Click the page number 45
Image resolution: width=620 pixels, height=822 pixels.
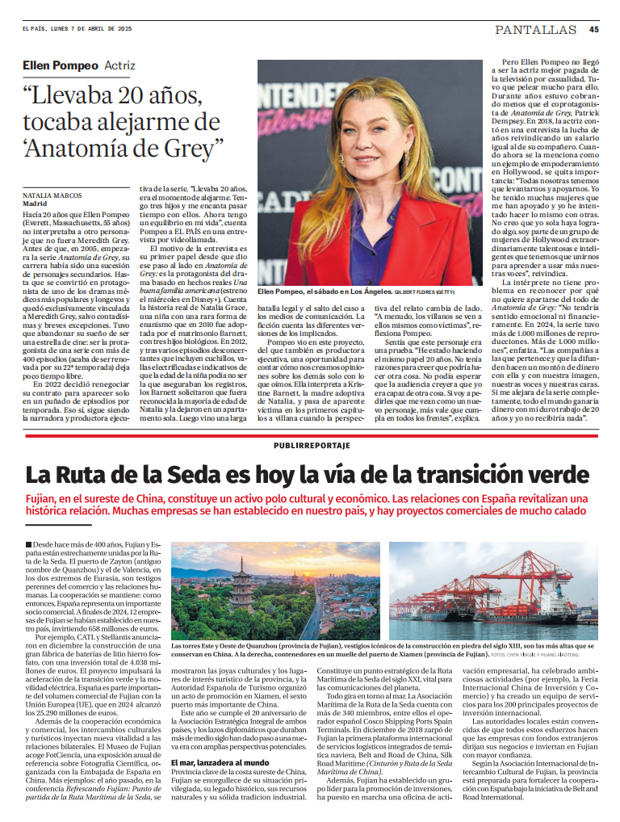593,29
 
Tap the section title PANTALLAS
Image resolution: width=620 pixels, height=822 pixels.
536,30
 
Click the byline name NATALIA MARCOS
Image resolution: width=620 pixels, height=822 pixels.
51,195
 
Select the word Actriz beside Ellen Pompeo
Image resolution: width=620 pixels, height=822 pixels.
120,65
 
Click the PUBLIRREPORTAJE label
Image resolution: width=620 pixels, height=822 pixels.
312,445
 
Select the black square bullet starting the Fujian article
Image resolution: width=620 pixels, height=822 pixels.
28,546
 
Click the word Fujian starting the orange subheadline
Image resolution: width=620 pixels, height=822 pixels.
42,500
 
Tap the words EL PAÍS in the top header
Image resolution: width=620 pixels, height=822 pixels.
36,29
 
